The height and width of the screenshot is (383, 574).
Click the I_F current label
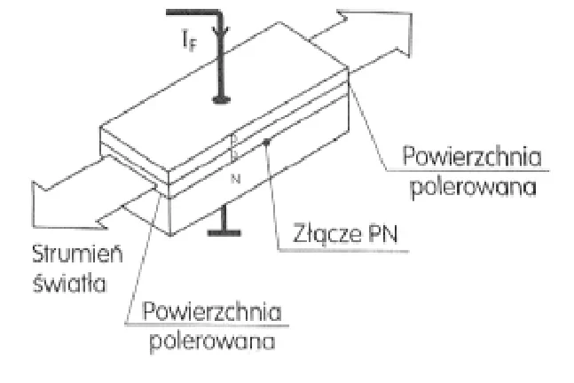click(x=189, y=40)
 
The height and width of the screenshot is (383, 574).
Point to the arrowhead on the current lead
click(x=221, y=31)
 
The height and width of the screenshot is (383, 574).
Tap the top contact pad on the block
click(x=221, y=99)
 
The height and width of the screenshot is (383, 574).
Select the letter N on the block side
click(x=236, y=179)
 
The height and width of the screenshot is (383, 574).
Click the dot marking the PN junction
click(x=267, y=142)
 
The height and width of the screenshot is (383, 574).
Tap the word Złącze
click(x=323, y=234)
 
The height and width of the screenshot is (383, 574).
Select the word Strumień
click(x=77, y=254)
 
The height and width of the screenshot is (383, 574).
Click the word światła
click(x=69, y=283)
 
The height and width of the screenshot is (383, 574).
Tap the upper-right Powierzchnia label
click(x=471, y=157)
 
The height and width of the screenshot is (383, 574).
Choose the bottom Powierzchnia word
click(x=212, y=312)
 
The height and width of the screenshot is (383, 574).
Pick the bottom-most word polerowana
click(x=212, y=342)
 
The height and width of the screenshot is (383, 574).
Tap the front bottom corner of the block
click(x=170, y=234)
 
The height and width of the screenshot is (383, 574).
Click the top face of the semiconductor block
click(x=224, y=97)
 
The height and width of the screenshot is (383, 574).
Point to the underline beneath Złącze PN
click(x=343, y=251)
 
